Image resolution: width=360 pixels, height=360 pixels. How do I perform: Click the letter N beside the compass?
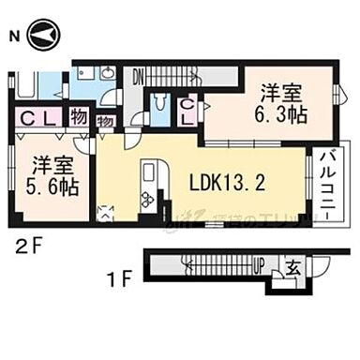pyautogui.click(x=14, y=37)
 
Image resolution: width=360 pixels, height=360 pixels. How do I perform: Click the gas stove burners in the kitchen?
pyautogui.click(x=147, y=200)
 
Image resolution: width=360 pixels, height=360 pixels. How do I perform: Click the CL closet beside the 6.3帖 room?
pyautogui.click(x=187, y=112)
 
